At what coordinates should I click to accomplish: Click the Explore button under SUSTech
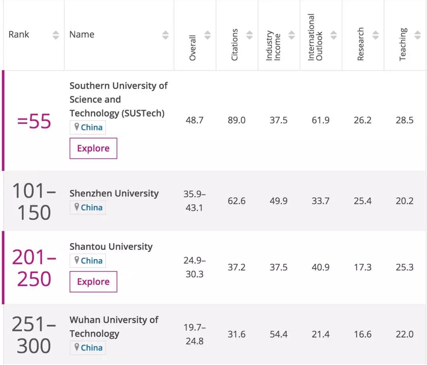(93, 148)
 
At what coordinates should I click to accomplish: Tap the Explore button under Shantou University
(93, 282)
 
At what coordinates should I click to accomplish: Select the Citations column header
(235, 44)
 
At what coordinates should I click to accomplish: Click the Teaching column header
(403, 44)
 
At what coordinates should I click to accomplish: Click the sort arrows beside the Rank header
(56, 35)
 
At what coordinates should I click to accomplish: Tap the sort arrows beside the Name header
(165, 35)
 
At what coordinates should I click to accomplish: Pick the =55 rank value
(34, 121)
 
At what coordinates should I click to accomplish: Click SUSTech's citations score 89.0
(236, 120)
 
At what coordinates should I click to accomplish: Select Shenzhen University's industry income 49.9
(278, 201)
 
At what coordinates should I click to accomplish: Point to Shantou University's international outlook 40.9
(320, 267)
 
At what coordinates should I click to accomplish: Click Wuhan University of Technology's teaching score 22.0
(404, 334)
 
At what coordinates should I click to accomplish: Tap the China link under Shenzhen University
(91, 208)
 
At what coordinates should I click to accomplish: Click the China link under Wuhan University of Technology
(91, 348)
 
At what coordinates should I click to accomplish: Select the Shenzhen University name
(114, 193)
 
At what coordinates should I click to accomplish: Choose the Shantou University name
(111, 247)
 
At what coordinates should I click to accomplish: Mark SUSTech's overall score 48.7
(195, 120)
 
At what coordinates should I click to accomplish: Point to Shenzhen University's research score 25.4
(363, 201)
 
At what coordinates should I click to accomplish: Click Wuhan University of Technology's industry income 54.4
(278, 334)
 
